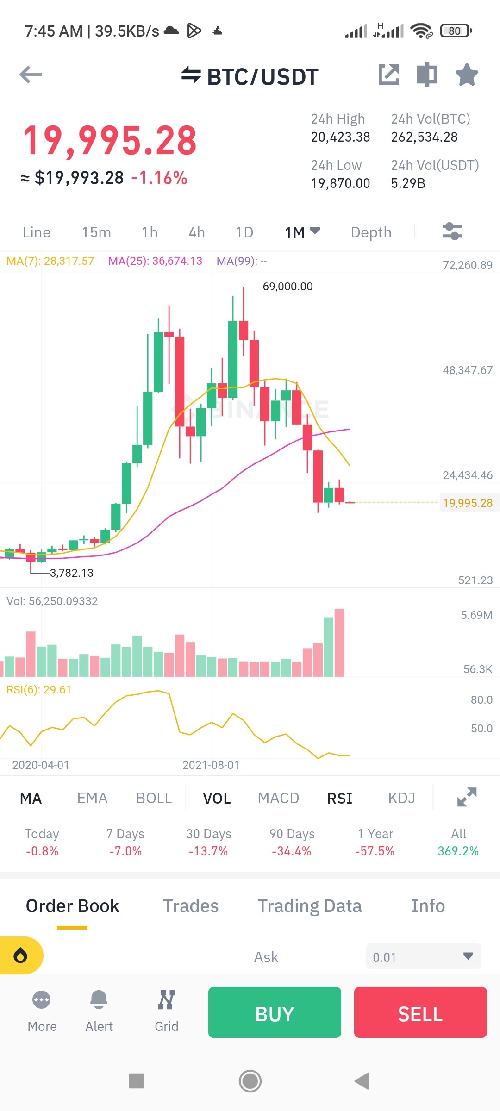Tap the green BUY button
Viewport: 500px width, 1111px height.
click(x=275, y=1012)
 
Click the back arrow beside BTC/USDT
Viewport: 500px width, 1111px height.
click(x=31, y=75)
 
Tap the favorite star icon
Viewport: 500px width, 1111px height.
click(x=467, y=75)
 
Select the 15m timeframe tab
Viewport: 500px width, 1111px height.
click(x=96, y=232)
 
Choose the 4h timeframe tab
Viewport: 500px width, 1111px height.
click(x=197, y=232)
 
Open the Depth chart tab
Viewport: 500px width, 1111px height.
click(x=371, y=232)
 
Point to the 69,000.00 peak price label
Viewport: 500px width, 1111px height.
click(x=287, y=287)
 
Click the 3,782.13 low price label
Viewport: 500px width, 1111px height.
click(x=71, y=573)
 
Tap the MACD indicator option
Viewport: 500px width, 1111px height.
click(x=278, y=798)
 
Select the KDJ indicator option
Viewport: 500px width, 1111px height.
click(x=401, y=798)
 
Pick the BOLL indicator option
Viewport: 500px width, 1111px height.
click(x=154, y=798)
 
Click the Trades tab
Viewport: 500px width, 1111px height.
click(x=191, y=906)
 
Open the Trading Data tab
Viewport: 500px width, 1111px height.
click(x=309, y=906)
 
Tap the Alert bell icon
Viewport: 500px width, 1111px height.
click(x=99, y=1000)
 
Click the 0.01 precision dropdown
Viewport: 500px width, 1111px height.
click(x=423, y=956)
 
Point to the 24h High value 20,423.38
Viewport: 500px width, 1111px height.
click(x=340, y=137)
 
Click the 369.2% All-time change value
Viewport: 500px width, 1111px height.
click(x=458, y=851)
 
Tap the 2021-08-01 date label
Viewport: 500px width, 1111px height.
click(x=211, y=765)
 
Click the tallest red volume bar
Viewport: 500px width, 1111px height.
click(x=339, y=643)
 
